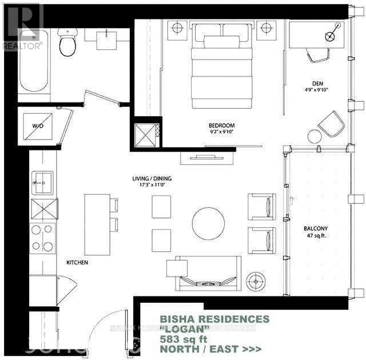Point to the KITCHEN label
point(77,262)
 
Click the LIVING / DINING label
point(152,179)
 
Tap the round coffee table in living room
point(208,223)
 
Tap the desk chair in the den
point(318,53)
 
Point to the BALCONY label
point(316,228)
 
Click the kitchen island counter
point(96,224)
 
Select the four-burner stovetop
point(43,238)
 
